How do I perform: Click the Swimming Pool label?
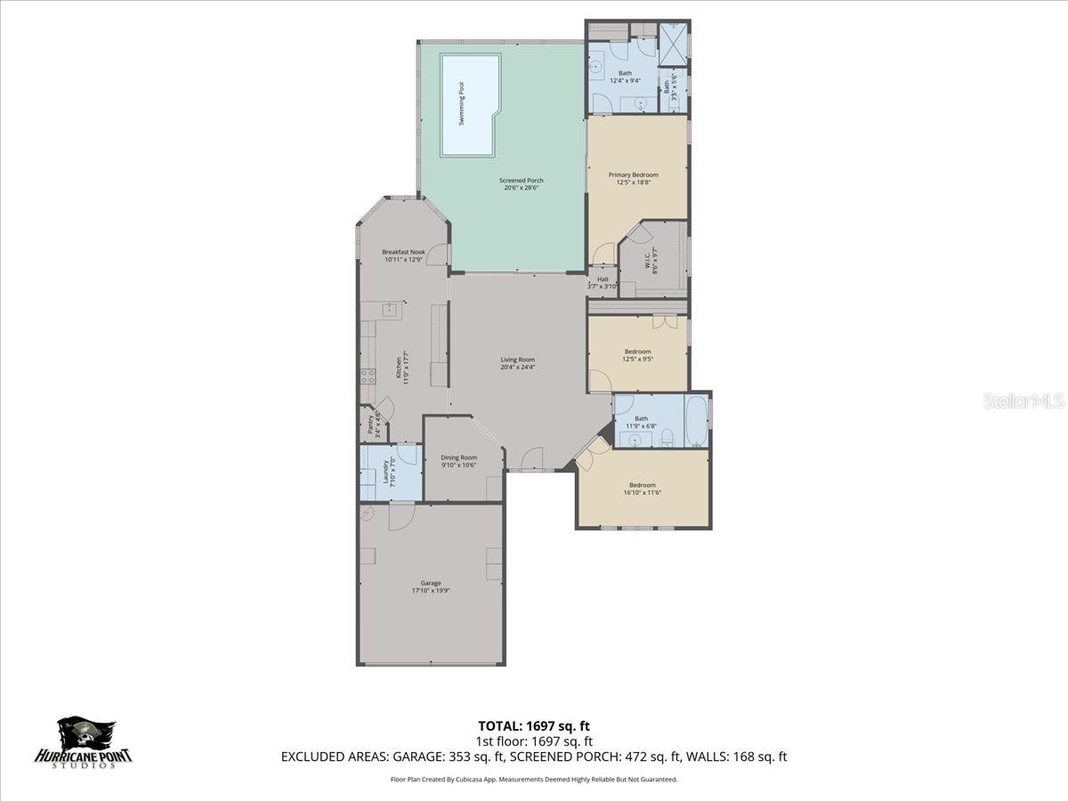tap(461, 103)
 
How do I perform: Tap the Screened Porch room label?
tap(521, 181)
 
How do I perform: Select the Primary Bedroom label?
tap(634, 174)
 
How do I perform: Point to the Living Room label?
tap(517, 360)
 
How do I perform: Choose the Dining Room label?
tap(459, 457)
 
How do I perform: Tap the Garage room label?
tap(432, 583)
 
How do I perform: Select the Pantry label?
tap(368, 425)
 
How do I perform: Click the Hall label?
tap(603, 279)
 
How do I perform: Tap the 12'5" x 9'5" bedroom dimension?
tap(637, 360)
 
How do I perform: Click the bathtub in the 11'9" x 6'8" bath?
tap(696, 421)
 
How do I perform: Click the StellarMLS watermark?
tap(1023, 400)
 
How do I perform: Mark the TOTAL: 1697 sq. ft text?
tap(534, 724)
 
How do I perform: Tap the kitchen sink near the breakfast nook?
tap(390, 310)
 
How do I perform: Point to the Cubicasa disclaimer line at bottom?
tap(534, 780)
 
